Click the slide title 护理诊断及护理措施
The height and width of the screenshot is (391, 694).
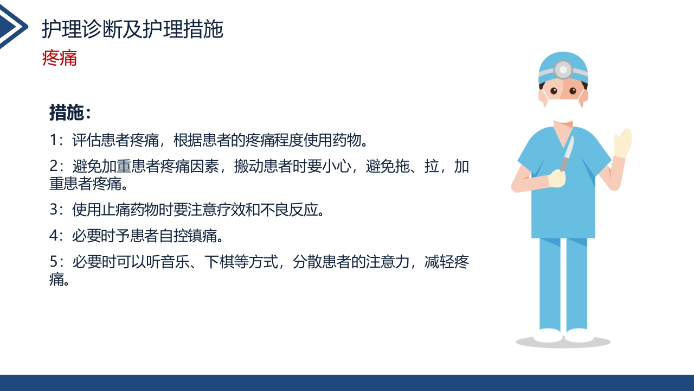coord(132,30)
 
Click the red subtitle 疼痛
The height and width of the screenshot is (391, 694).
coord(60,58)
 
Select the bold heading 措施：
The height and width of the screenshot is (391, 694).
coord(70,113)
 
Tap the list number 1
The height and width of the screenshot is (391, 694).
coord(53,140)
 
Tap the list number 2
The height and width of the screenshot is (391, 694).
coord(53,167)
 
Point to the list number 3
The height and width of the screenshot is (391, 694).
coord(53,210)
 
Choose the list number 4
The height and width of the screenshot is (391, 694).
coord(53,236)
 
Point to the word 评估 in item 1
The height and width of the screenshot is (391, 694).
coord(84,140)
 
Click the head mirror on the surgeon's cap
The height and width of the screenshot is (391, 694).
coord(563,70)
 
